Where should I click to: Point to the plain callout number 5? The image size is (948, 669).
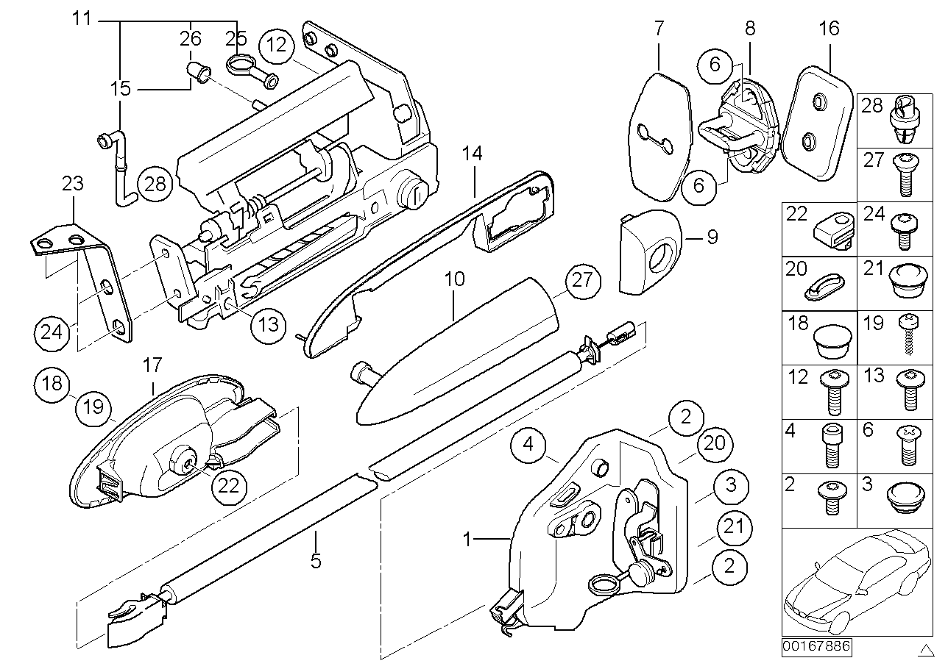coord(316,561)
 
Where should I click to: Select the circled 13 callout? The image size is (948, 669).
coord(269,323)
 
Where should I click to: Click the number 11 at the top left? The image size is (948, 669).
coord(83,19)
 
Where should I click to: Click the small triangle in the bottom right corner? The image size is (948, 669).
coord(926,649)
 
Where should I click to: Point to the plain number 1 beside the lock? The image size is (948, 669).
coord(467,540)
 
